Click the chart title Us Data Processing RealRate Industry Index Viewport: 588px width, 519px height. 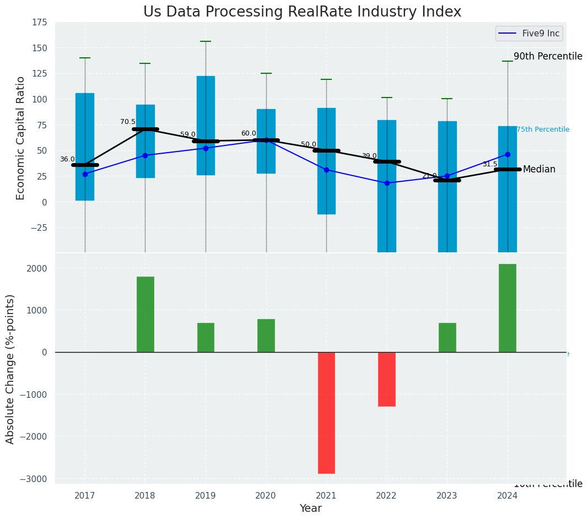[302, 12]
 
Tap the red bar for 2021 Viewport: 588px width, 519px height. [326, 413]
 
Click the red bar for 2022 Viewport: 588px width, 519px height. [386, 379]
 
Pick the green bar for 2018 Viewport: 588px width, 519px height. [145, 314]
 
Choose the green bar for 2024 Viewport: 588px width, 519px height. [508, 308]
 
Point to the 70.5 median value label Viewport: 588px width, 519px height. [128, 122]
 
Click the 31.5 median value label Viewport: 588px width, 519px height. [490, 164]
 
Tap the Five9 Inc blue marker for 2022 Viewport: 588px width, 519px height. [387, 183]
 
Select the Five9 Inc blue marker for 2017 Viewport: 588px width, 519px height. [85, 174]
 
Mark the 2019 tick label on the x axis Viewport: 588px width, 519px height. [206, 496]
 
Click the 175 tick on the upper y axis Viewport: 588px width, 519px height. [40, 23]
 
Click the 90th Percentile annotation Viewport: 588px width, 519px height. [548, 56]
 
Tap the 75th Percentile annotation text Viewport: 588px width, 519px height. [543, 129]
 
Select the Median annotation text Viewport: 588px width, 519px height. [539, 170]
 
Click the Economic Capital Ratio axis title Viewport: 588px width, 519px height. [21, 138]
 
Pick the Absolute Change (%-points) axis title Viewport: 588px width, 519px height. [10, 369]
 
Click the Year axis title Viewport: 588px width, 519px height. [311, 509]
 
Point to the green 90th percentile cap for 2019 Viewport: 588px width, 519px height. [206, 41]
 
